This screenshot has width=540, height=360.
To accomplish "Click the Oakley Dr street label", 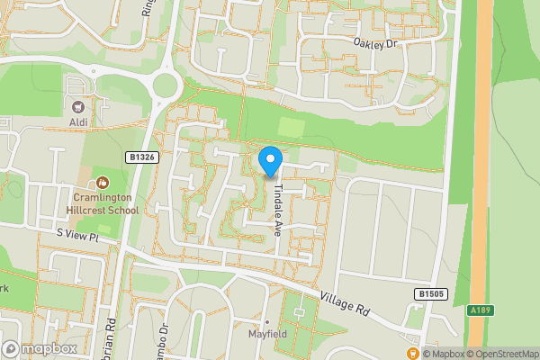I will pos(374,42).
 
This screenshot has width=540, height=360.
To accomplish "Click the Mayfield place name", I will pos(266,335).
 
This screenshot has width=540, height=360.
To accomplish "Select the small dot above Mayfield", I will pos(266,321).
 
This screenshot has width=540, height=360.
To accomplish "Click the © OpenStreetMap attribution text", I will pos(500,354).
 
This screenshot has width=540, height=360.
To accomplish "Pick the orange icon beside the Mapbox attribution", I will pos(413,353).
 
